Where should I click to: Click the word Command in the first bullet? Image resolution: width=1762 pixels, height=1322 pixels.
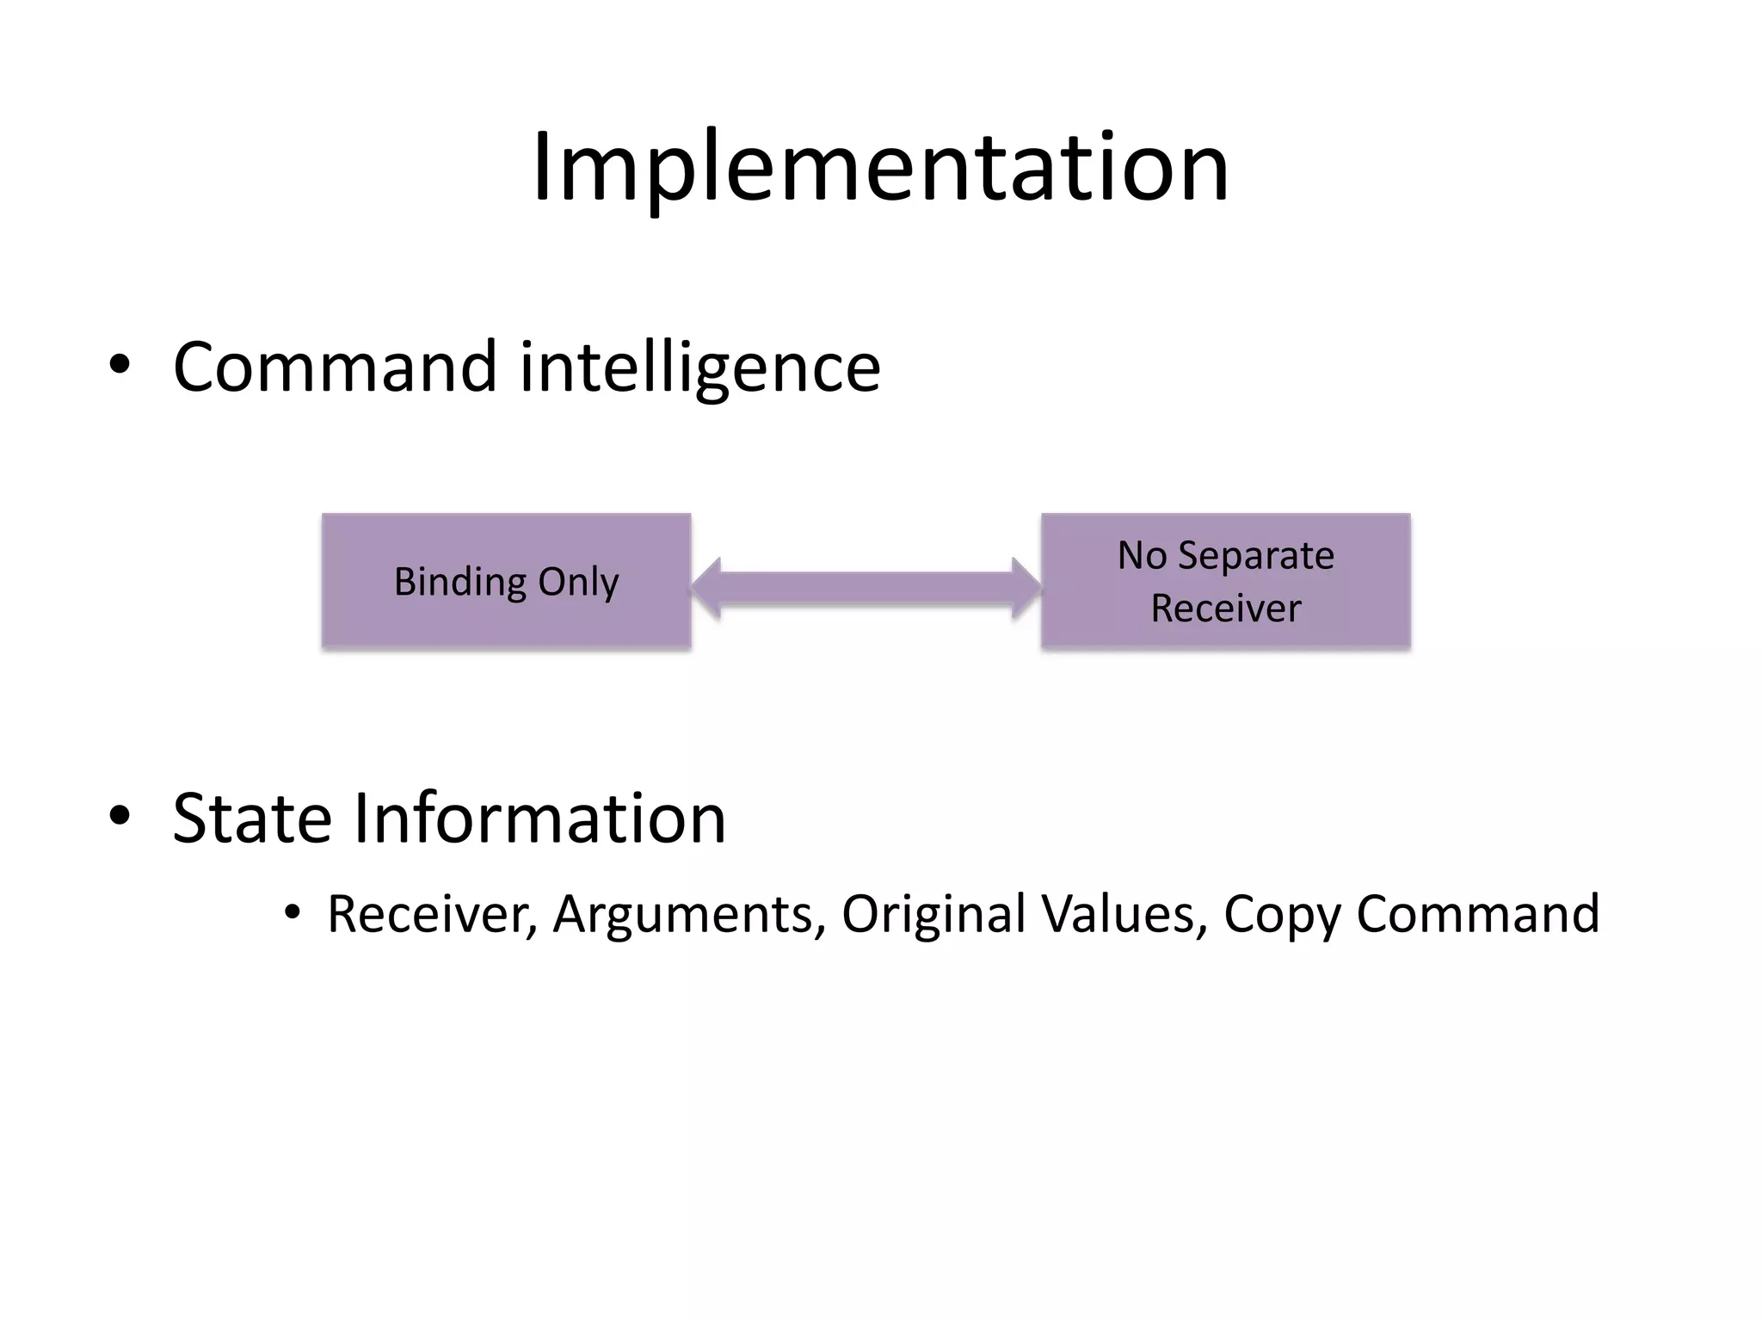pyautogui.click(x=335, y=368)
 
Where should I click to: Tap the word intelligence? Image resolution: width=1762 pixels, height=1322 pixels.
pyautogui.click(x=700, y=368)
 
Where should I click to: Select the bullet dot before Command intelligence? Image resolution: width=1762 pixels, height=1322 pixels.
pyautogui.click(x=120, y=365)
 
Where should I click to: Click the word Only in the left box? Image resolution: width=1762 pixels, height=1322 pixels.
pyautogui.click(x=578, y=583)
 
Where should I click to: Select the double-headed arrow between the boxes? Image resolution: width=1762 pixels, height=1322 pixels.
pyautogui.click(x=866, y=589)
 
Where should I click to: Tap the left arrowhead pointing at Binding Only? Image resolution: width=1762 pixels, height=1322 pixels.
pyautogui.click(x=707, y=589)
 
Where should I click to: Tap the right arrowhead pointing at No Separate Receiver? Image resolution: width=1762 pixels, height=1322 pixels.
pyautogui.click(x=1026, y=589)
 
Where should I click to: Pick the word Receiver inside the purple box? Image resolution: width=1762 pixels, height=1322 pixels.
pyautogui.click(x=1225, y=608)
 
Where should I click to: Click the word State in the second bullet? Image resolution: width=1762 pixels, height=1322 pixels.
pyautogui.click(x=251, y=819)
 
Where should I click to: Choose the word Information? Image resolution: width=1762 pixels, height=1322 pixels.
pyautogui.click(x=539, y=819)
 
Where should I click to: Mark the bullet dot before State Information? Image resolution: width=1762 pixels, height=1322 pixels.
pyautogui.click(x=120, y=815)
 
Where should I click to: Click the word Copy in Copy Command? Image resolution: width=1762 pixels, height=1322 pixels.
pyautogui.click(x=1281, y=916)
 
